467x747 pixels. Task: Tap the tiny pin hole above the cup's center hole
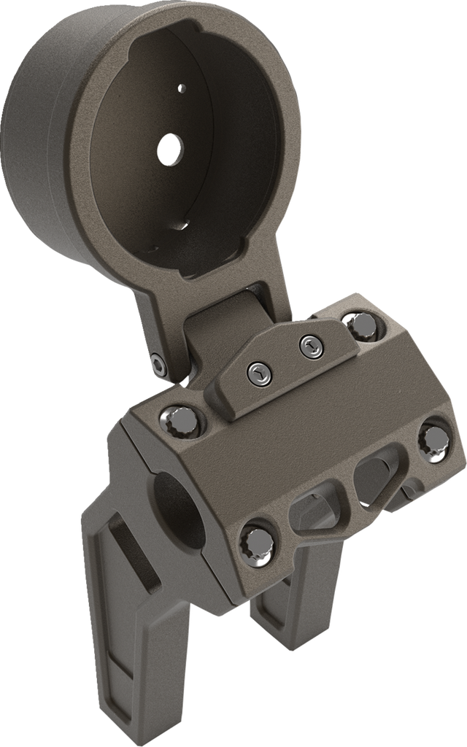pyautogui.click(x=182, y=88)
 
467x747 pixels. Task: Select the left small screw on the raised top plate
pyautogui.click(x=259, y=373)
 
